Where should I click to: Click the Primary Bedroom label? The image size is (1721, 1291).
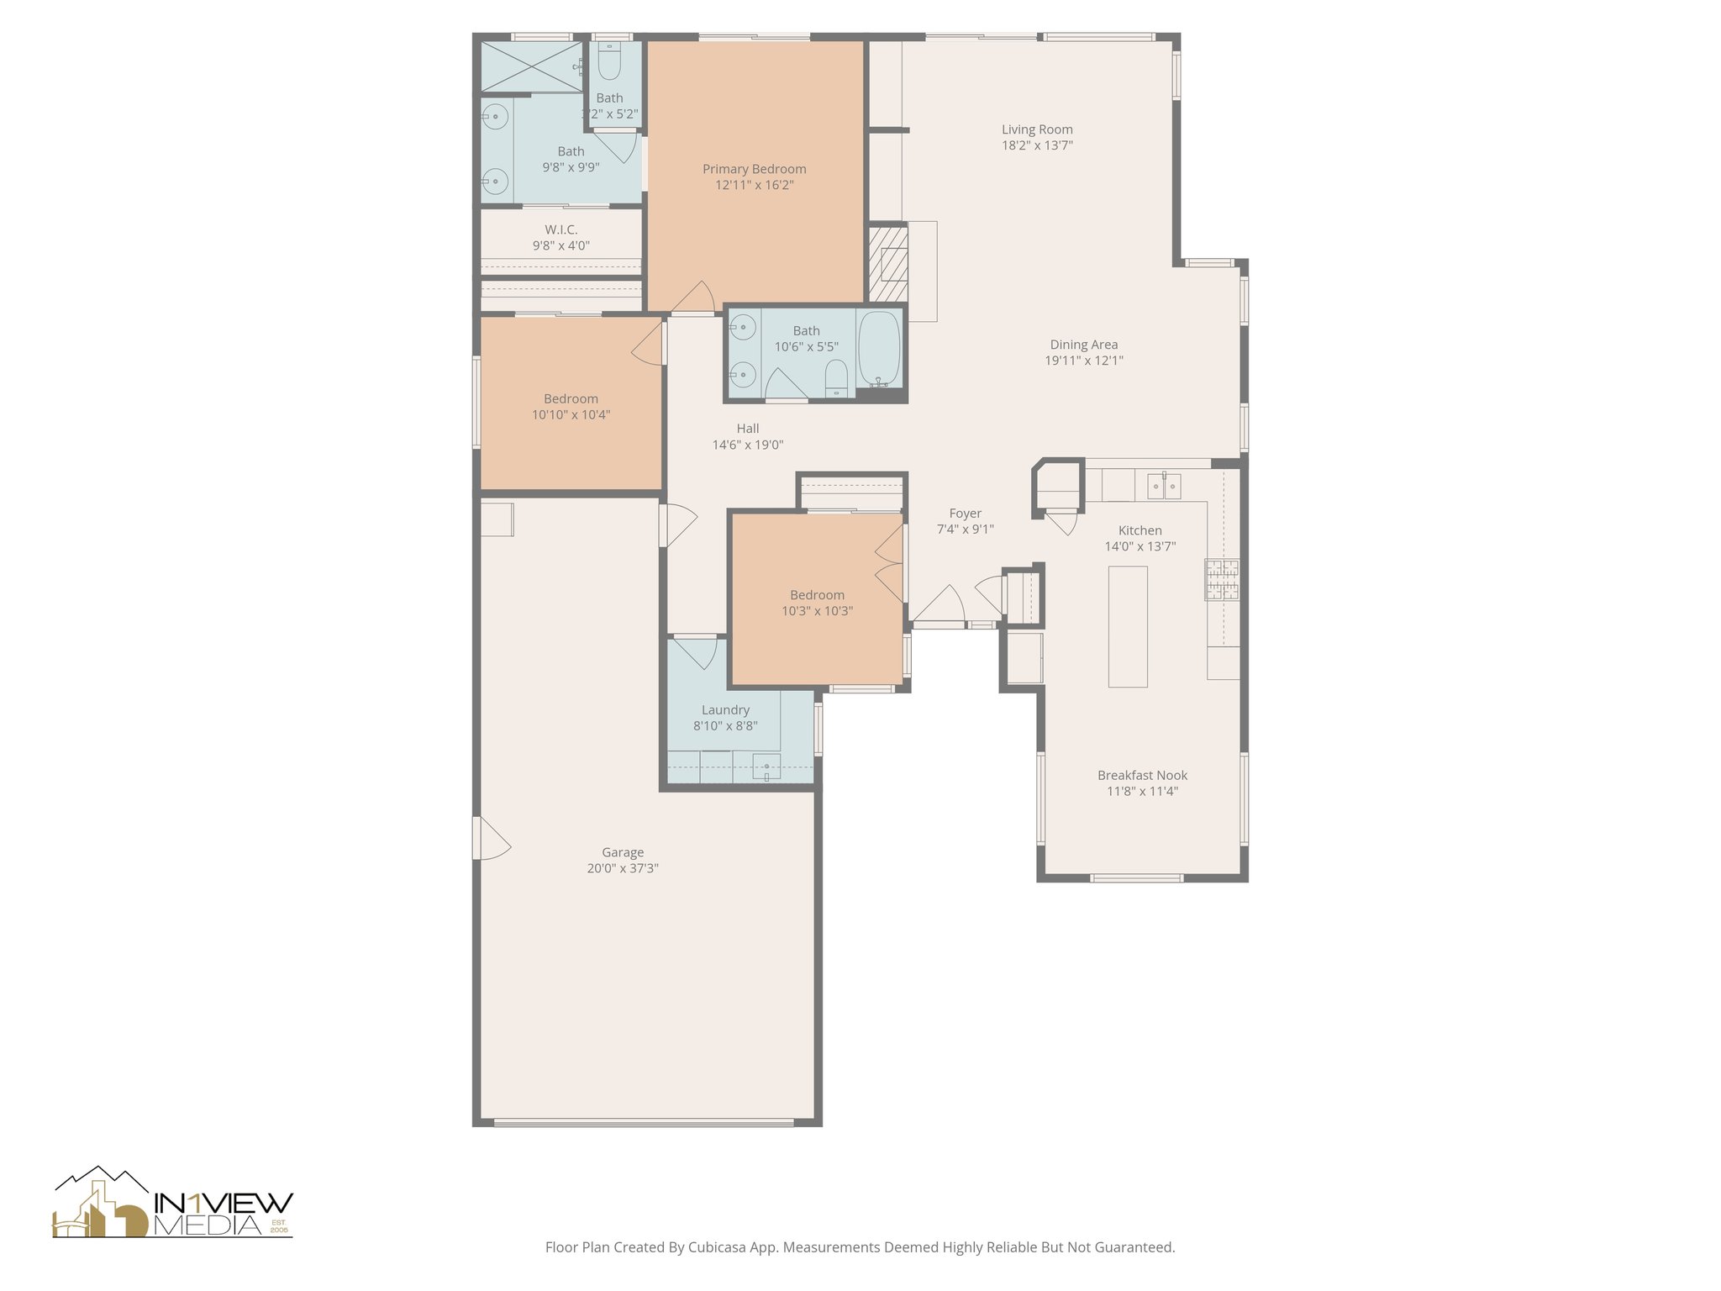coord(754,169)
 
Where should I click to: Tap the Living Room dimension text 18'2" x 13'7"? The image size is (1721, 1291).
coord(1037,145)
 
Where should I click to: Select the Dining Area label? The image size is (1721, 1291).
coord(1083,345)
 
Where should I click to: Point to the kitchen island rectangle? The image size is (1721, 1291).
coord(1128,627)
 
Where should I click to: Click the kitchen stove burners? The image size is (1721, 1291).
coord(1222,579)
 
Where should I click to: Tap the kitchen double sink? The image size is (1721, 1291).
coord(1164,486)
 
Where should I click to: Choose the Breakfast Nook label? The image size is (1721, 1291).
coord(1142,776)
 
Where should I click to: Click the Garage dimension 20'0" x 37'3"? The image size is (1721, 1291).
coord(623,868)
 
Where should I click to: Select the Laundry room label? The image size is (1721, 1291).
coord(725,710)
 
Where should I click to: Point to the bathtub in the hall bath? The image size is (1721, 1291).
coord(879,349)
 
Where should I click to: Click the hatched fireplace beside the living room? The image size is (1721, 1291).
coord(887,264)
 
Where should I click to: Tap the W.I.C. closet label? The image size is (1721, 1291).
coord(561,229)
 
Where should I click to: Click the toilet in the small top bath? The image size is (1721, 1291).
coord(609,61)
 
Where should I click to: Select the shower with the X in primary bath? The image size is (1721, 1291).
coord(532,66)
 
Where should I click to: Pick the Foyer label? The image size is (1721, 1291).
coord(966,514)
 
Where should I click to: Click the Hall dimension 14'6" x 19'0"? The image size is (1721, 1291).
coord(748,445)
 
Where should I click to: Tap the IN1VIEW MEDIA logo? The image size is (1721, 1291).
coord(173,1203)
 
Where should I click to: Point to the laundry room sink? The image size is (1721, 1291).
coord(766,767)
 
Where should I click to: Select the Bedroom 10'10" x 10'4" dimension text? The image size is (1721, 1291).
coord(571,414)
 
